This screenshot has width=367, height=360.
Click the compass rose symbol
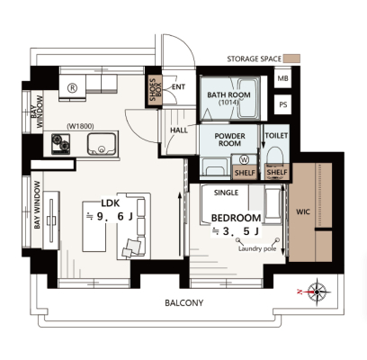click(x=317, y=292)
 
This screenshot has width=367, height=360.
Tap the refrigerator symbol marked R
click(x=72, y=88)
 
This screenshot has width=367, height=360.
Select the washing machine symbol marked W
click(x=245, y=159)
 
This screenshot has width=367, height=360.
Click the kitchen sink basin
click(x=102, y=144)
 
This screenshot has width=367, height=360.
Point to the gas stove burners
click(x=60, y=144)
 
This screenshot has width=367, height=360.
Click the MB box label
click(x=282, y=78)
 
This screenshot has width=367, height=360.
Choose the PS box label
click(x=283, y=104)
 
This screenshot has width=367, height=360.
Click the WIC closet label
click(x=303, y=212)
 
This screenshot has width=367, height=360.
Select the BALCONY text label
click(x=184, y=303)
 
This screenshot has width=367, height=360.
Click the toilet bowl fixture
click(x=275, y=158)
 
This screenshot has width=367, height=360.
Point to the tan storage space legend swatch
click(x=291, y=58)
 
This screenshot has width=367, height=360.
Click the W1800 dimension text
click(x=80, y=127)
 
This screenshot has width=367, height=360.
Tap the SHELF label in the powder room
click(x=245, y=173)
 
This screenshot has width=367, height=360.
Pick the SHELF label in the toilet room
click(x=277, y=173)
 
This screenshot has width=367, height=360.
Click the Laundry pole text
click(x=257, y=248)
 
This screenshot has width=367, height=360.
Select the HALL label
click(x=179, y=130)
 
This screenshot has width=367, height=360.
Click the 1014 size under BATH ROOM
click(x=228, y=103)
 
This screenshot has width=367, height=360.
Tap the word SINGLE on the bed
click(x=227, y=193)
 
